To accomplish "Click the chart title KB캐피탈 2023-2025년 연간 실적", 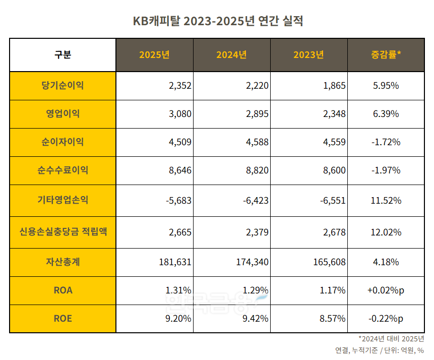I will [217, 21].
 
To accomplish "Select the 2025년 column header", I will [154, 55].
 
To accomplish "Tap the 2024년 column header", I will [231, 55].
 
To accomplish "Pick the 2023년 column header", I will [308, 55].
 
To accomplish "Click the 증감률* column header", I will [386, 55].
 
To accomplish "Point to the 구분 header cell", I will [63, 55].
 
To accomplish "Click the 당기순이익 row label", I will [63, 86].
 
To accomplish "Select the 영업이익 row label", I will [63, 114].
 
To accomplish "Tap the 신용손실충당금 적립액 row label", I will [63, 232].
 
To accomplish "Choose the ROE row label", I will [63, 318].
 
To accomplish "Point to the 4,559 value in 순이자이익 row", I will [334, 142].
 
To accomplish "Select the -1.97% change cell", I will [386, 170].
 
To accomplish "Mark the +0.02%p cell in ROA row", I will [386, 290].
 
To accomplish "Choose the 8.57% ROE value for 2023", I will [333, 319].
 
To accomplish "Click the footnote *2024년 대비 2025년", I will [391, 339].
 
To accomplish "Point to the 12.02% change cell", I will [386, 232].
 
